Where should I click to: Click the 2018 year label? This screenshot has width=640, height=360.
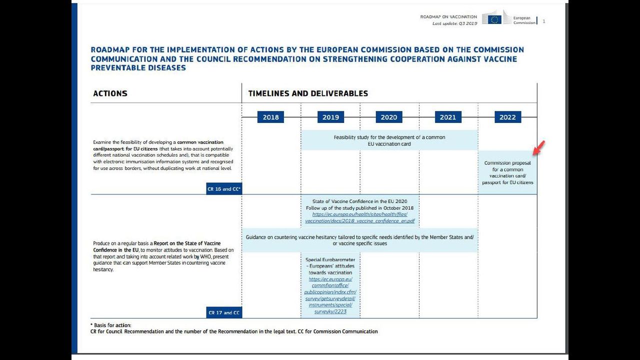click(x=270, y=117)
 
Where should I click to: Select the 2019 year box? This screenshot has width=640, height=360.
click(x=330, y=117)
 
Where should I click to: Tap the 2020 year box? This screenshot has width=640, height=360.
click(x=388, y=117)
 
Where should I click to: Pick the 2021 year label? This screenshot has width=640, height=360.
click(x=447, y=117)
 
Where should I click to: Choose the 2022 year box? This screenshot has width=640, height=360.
click(x=507, y=117)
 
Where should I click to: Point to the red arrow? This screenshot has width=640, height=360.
click(x=539, y=148)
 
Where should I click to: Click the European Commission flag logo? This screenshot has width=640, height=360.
click(x=494, y=19)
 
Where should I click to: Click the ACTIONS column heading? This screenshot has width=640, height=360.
click(x=110, y=93)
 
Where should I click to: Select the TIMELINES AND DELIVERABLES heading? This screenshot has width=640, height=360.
click(x=308, y=93)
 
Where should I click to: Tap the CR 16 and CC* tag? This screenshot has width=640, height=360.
click(x=224, y=189)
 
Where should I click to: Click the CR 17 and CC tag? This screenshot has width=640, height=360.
click(x=224, y=312)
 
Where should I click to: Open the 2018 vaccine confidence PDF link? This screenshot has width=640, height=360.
click(x=359, y=217)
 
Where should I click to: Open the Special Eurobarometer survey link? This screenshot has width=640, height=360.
click(x=330, y=295)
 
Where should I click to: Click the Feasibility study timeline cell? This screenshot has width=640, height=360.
click(x=389, y=140)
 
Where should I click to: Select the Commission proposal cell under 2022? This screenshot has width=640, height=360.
click(x=507, y=172)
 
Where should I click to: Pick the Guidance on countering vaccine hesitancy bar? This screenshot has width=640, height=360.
click(x=359, y=240)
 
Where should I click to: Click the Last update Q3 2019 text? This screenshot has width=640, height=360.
click(x=454, y=23)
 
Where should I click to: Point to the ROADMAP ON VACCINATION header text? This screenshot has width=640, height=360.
click(x=448, y=17)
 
